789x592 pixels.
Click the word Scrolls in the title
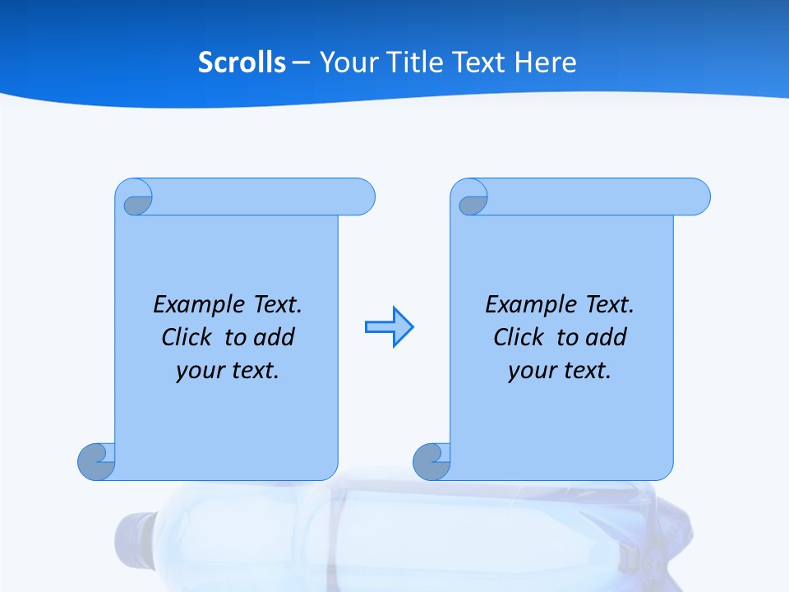(242, 62)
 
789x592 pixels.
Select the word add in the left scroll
(275, 338)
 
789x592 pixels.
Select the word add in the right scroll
(607, 338)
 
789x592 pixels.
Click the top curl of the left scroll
(135, 198)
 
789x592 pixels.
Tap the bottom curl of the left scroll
(96, 461)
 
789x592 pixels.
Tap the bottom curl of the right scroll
(431, 461)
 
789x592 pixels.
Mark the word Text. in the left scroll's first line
(277, 305)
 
